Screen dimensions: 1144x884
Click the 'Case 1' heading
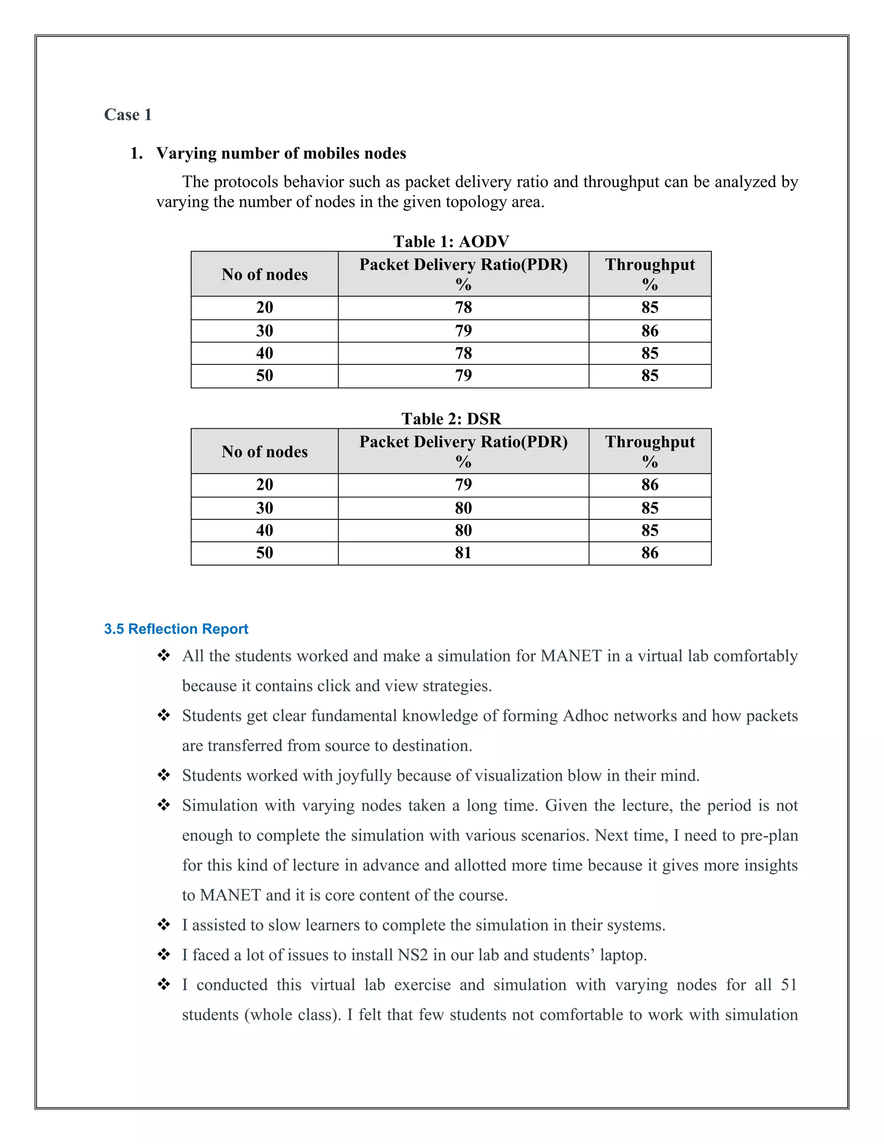tap(128, 115)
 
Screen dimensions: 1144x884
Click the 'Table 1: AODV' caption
tap(451, 241)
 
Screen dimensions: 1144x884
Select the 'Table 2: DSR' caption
tap(451, 418)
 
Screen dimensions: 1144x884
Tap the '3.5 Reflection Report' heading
tap(176, 629)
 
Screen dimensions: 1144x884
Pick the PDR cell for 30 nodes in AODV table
tap(463, 331)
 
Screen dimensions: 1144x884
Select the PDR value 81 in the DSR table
tap(463, 553)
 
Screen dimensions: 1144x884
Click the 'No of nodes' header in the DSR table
tap(265, 452)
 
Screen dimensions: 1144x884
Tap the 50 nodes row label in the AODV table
tap(265, 376)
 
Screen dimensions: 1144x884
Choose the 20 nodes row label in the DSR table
tap(265, 484)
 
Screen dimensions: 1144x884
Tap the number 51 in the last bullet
tap(789, 985)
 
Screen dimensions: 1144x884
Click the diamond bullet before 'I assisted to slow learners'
tap(164, 925)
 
